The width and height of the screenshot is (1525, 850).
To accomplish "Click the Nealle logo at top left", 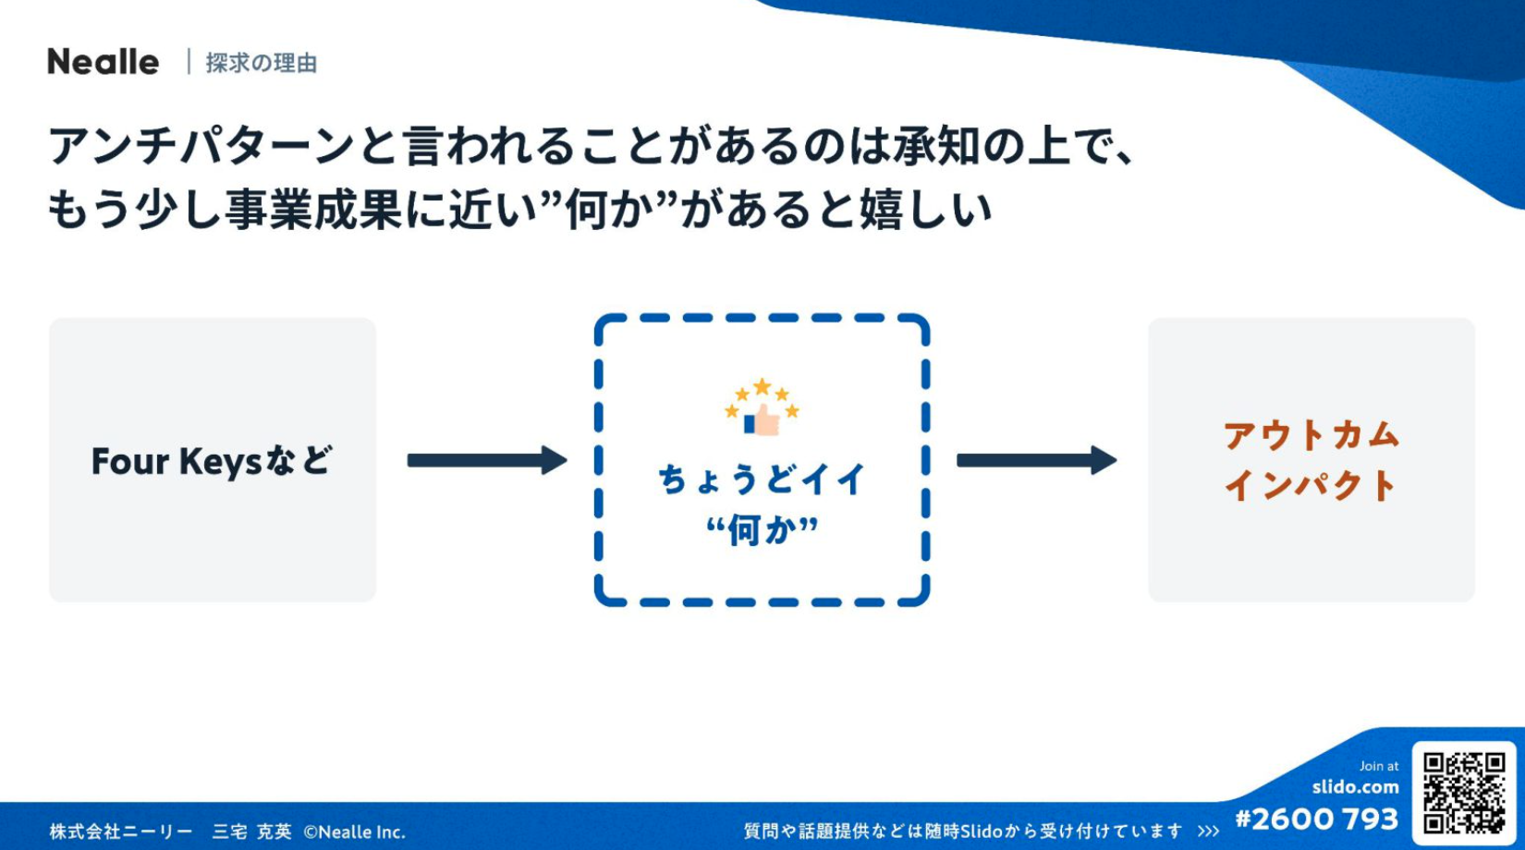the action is [103, 62].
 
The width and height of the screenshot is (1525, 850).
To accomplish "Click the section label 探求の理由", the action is [262, 64].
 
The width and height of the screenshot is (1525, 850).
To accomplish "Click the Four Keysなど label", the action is [212, 461].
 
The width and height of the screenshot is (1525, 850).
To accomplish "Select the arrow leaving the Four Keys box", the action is [487, 460].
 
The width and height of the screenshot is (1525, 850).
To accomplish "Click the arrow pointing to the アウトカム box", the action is [1037, 460].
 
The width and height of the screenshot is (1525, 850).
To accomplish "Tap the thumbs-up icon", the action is [762, 419].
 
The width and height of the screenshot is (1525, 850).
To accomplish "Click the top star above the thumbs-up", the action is [762, 386].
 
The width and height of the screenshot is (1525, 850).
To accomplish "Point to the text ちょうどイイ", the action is [762, 480].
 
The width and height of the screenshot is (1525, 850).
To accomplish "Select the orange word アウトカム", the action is [1311, 435].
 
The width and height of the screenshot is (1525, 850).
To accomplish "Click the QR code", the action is [1464, 793].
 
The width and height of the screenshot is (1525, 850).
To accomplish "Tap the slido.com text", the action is [1356, 787].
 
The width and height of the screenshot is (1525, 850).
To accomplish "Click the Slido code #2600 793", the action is [1317, 820].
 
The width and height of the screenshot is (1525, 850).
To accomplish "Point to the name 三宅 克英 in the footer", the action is [252, 832].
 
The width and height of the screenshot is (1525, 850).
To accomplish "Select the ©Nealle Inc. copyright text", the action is [354, 832].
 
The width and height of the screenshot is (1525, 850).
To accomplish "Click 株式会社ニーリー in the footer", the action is [121, 832].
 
